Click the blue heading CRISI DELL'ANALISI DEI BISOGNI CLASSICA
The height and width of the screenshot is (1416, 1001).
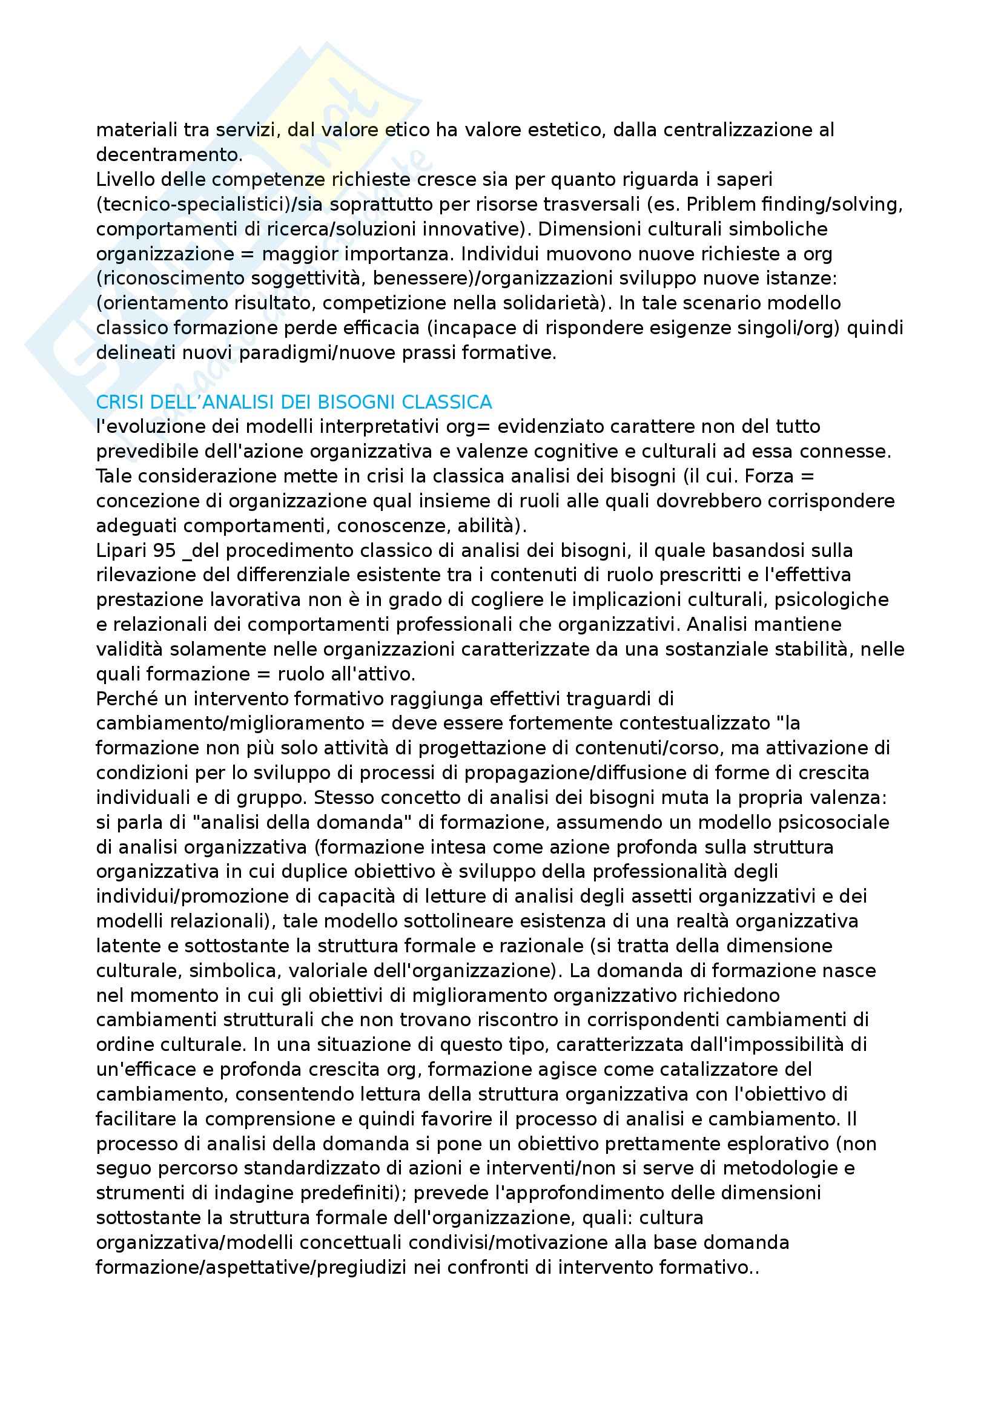tap(294, 402)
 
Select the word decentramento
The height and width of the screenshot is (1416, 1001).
tap(169, 155)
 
